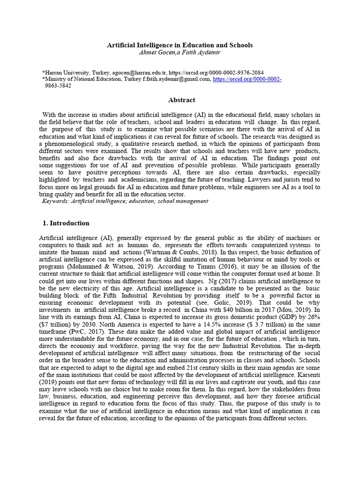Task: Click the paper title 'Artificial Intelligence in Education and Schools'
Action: pyautogui.click(x=180, y=45)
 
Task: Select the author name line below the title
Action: pyautogui.click(x=180, y=52)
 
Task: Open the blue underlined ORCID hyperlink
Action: pyautogui.click(x=247, y=80)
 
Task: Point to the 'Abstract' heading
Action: pyautogui.click(x=181, y=100)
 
